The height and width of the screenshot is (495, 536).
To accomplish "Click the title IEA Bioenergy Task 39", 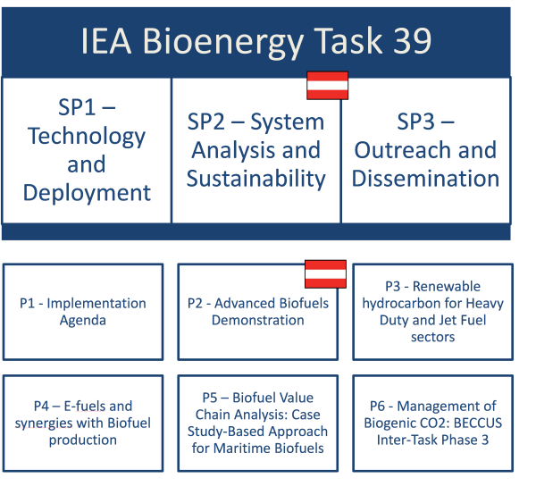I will [255, 40].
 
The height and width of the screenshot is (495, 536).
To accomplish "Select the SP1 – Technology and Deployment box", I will [87, 150].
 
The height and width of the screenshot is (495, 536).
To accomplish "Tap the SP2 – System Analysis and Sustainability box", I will [255, 150].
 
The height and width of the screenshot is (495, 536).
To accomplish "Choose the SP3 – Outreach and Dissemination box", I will [425, 150].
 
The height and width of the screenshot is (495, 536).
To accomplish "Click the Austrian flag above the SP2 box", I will [327, 86].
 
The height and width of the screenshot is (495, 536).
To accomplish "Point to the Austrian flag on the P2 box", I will [325, 274].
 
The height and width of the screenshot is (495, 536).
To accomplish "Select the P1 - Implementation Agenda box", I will [83, 311].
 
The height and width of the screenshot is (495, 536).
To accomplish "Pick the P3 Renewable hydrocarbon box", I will [432, 311].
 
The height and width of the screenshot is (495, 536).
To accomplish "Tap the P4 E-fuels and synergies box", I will [83, 424].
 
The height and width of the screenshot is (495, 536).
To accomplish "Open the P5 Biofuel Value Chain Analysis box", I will [257, 424].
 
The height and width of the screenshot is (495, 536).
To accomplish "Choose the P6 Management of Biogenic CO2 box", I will [432, 424].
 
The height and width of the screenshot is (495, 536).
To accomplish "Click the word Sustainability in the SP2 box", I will [255, 178].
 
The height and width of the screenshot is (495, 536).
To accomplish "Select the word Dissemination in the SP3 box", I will [425, 178].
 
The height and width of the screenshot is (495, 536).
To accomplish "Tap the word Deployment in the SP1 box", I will [87, 192].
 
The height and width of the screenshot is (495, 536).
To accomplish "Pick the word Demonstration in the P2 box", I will [258, 320].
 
